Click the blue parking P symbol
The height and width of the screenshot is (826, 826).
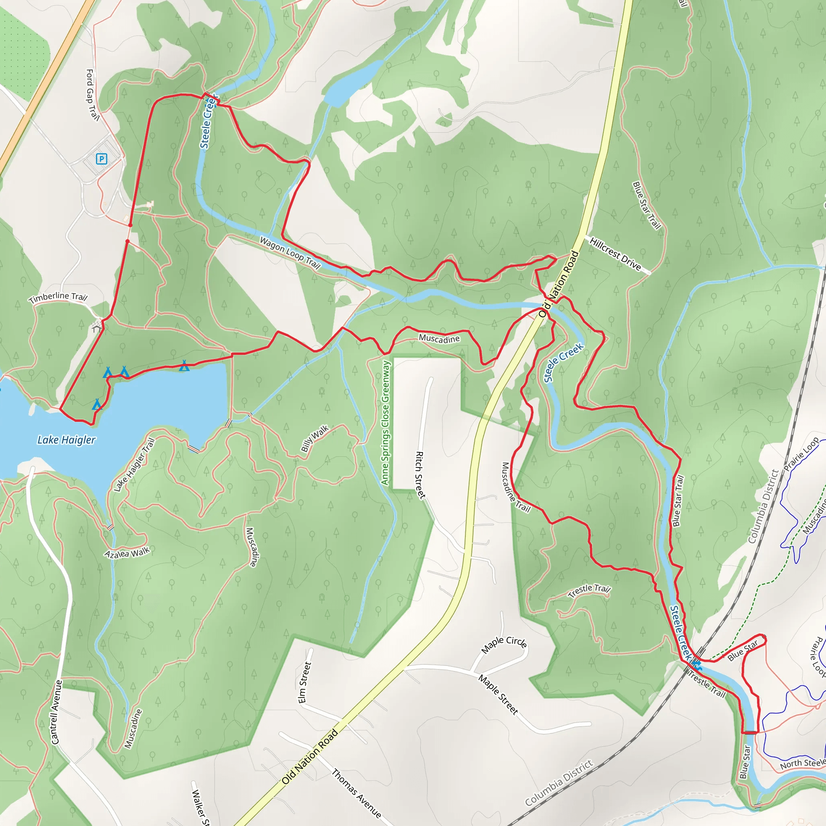point(101,159)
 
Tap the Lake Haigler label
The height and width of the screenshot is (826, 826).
point(66,440)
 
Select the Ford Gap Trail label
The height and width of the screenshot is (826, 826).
point(92,95)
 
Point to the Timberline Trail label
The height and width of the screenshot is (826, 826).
point(58,297)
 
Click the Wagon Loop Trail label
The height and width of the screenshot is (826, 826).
point(290,252)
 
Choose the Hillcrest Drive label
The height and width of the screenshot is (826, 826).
point(615,254)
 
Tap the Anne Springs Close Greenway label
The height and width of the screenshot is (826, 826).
point(386,422)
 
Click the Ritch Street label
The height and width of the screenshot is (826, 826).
point(421,475)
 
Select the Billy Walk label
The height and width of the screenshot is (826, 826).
point(315,438)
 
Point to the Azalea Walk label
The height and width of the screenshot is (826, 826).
point(127,553)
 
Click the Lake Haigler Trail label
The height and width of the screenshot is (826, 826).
point(134,465)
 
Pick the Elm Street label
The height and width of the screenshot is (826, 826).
point(305,682)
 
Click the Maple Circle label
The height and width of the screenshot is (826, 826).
point(504,644)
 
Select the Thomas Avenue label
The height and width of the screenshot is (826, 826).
point(356,793)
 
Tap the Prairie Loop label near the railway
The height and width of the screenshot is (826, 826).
point(801,454)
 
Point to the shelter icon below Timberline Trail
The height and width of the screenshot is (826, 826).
point(97,327)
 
